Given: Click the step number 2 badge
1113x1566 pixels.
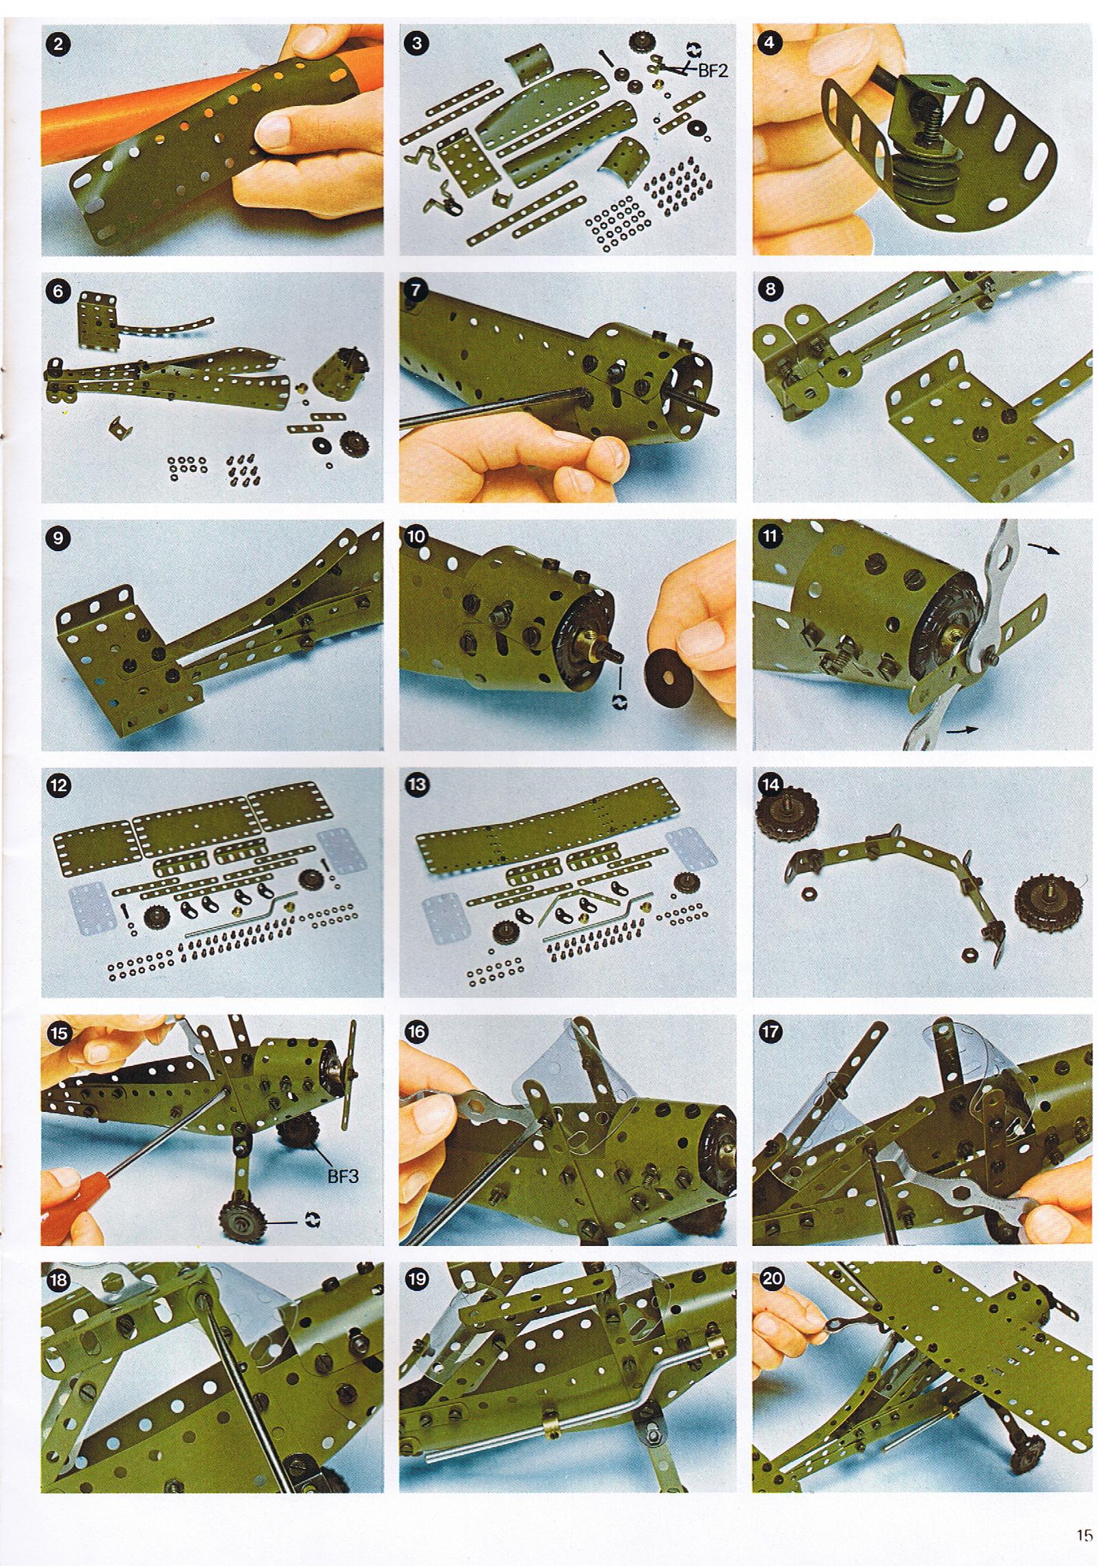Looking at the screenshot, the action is click(x=58, y=44).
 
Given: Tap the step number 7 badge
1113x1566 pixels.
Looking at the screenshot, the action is click(x=416, y=291).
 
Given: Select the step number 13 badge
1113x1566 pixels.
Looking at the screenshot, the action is click(x=416, y=786).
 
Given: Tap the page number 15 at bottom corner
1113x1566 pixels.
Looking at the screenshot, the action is click(x=1084, y=1530).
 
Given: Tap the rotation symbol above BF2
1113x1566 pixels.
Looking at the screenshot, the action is click(x=694, y=48).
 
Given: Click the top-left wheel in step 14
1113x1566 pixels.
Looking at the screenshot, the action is click(x=780, y=808).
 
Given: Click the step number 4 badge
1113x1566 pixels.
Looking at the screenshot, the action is click(x=772, y=44).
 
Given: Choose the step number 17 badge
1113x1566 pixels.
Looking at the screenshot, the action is click(x=772, y=1033).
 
